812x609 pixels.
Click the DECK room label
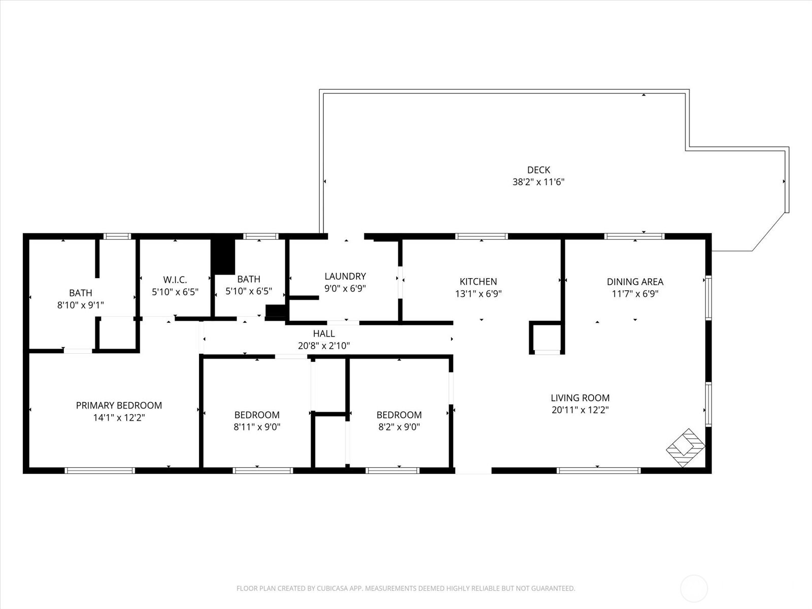[538, 170]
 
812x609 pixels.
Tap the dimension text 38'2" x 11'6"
[538, 182]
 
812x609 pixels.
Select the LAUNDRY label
[345, 276]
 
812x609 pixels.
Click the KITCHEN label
[478, 282]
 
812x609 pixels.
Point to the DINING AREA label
[635, 282]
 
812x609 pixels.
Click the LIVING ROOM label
[580, 398]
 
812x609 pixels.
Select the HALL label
[324, 333]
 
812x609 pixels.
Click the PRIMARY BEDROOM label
[119, 405]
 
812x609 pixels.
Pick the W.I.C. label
[175, 280]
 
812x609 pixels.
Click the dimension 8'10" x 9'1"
[81, 305]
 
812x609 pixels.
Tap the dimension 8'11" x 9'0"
[257, 427]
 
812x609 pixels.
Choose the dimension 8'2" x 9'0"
[399, 427]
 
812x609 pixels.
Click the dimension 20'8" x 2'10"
[324, 346]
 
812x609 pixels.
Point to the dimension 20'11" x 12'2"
[580, 410]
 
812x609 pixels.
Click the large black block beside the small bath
[223, 256]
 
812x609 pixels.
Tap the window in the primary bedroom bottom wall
[100, 470]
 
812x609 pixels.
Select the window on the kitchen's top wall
[481, 236]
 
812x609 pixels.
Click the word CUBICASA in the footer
[332, 589]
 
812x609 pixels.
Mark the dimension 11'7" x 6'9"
[635, 294]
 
